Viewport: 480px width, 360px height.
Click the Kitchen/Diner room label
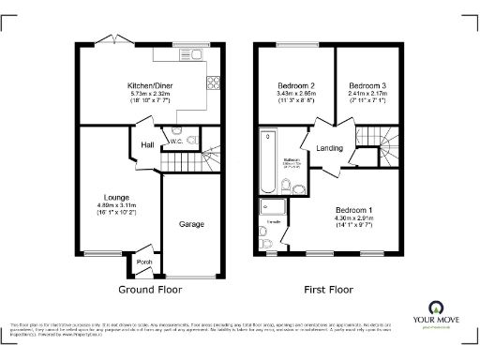[149, 86]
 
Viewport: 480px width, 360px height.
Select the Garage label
[190, 224]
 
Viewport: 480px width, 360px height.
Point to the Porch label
[143, 262]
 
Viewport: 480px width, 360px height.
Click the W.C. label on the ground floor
[175, 142]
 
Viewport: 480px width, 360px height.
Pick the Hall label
[147, 145]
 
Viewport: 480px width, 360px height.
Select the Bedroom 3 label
[367, 85]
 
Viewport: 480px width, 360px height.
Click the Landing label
[329, 148]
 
